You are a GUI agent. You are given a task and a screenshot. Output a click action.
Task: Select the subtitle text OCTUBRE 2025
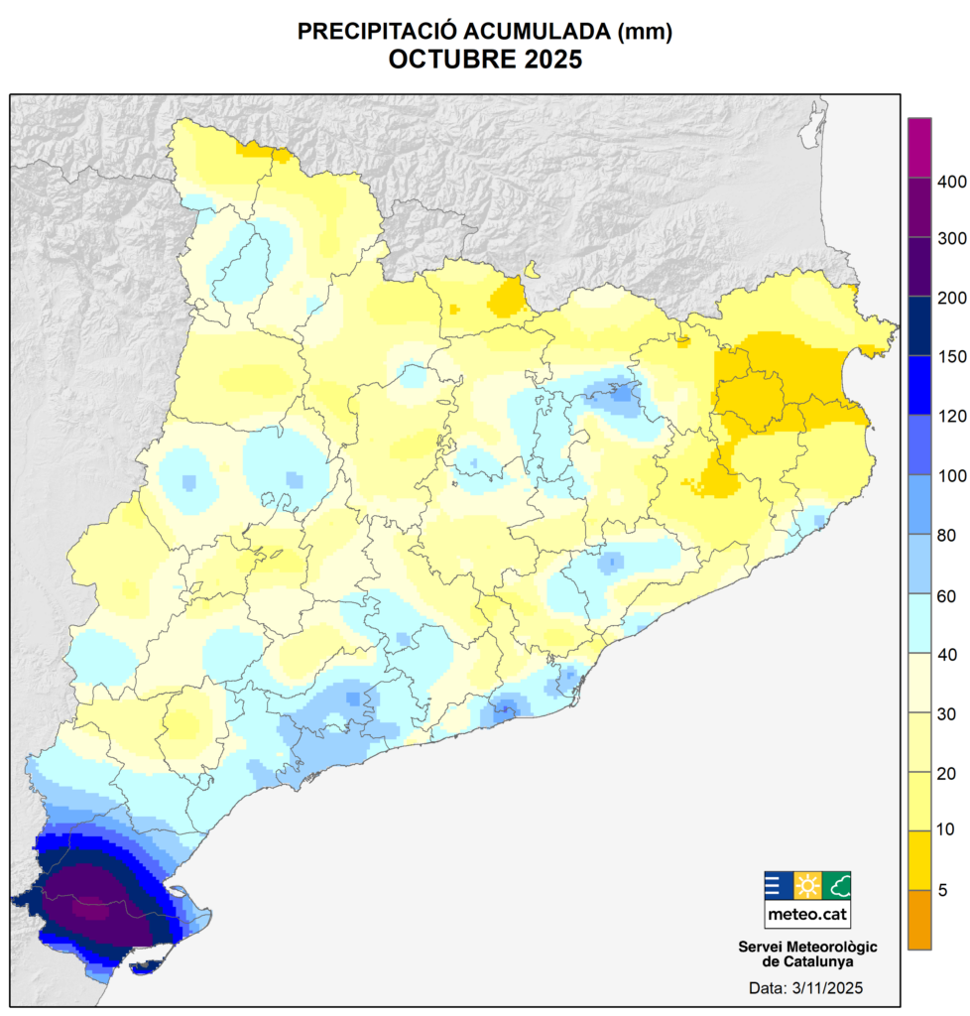[485, 61]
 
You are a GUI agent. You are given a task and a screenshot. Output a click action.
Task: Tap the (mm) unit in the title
[645, 33]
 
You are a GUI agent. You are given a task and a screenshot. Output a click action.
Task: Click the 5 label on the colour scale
[942, 890]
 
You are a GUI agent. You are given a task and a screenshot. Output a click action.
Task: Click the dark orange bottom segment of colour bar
[919, 919]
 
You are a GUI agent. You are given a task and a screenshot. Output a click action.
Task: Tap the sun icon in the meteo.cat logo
[807, 885]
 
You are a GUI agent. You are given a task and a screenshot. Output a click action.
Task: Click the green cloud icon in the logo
[836, 885]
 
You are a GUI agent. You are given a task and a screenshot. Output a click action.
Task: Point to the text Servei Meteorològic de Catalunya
[806, 954]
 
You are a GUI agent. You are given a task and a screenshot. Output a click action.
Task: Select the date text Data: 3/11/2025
[806, 988]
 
